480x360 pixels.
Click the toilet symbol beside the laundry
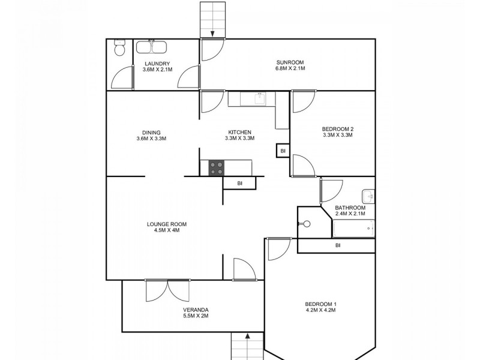click(119, 49)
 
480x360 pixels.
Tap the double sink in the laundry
click(152, 48)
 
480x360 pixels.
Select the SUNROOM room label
click(290, 62)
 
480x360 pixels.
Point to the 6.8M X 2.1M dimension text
click(290, 69)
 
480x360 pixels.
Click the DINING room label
click(151, 133)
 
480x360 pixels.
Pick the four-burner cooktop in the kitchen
click(216, 168)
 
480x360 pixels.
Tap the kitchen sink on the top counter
click(259, 98)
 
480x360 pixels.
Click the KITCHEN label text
click(239, 133)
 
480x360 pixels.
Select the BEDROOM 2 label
click(337, 128)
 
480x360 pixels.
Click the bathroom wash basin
click(368, 196)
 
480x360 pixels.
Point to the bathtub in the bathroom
click(353, 229)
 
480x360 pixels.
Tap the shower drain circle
click(307, 224)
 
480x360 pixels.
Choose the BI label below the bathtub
click(338, 245)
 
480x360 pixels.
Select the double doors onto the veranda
click(167, 290)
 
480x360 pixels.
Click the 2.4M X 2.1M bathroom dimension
click(350, 214)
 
